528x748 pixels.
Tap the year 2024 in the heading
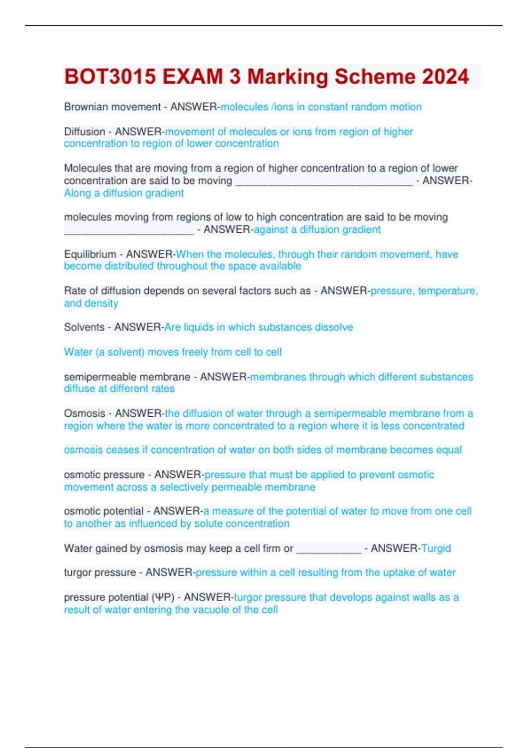(446, 77)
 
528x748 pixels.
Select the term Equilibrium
(90, 254)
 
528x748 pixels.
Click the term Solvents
(84, 327)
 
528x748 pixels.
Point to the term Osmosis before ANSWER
(84, 414)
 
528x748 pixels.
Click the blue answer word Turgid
(436, 548)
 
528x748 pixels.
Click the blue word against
(271, 230)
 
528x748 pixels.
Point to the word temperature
(447, 291)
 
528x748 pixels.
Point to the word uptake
(399, 572)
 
